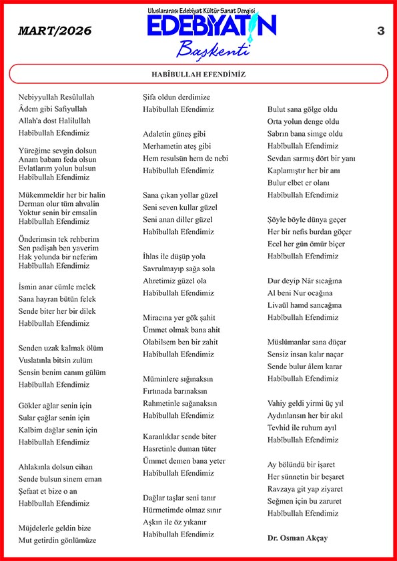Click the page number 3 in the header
(381, 31)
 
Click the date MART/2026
(55, 31)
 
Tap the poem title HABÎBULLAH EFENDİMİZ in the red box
(199, 74)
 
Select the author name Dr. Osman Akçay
(298, 538)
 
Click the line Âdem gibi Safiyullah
(53, 109)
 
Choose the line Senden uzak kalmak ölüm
(61, 348)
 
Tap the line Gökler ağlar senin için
(55, 405)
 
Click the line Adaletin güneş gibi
(174, 134)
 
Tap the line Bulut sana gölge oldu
(303, 109)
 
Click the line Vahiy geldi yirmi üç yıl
(306, 403)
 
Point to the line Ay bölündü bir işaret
(301, 464)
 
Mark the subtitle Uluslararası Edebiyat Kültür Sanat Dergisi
(210, 11)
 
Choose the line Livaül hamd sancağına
(304, 305)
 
